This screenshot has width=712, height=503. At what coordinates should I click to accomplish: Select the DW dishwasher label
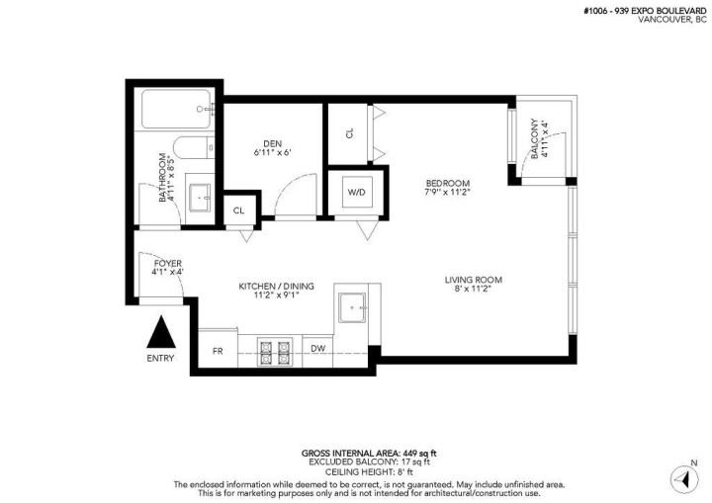(x=318, y=349)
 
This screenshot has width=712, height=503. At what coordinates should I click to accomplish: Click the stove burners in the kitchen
(x=275, y=348)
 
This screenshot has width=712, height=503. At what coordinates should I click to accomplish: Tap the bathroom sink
(x=203, y=198)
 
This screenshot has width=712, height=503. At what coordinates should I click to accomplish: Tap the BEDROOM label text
(x=447, y=183)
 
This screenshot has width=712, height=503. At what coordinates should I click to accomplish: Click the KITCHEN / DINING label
(x=276, y=287)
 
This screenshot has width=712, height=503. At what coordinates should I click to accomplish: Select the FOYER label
(x=167, y=264)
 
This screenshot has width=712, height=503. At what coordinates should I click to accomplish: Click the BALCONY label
(x=535, y=138)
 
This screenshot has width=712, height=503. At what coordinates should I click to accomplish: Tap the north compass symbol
(x=681, y=477)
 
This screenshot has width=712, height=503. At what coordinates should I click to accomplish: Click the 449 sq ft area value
(x=389, y=453)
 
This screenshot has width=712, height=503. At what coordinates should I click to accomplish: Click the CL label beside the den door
(x=238, y=210)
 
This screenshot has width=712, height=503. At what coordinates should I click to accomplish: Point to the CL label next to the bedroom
(x=349, y=133)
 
